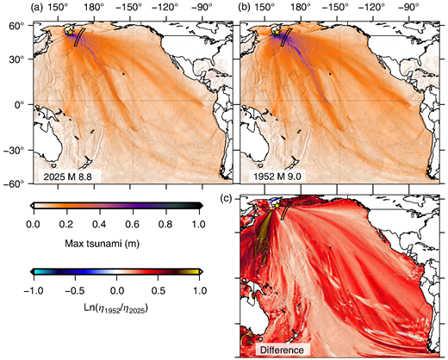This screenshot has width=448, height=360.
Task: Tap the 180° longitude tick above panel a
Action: point(86,8)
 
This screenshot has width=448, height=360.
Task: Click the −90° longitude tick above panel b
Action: point(414,8)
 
